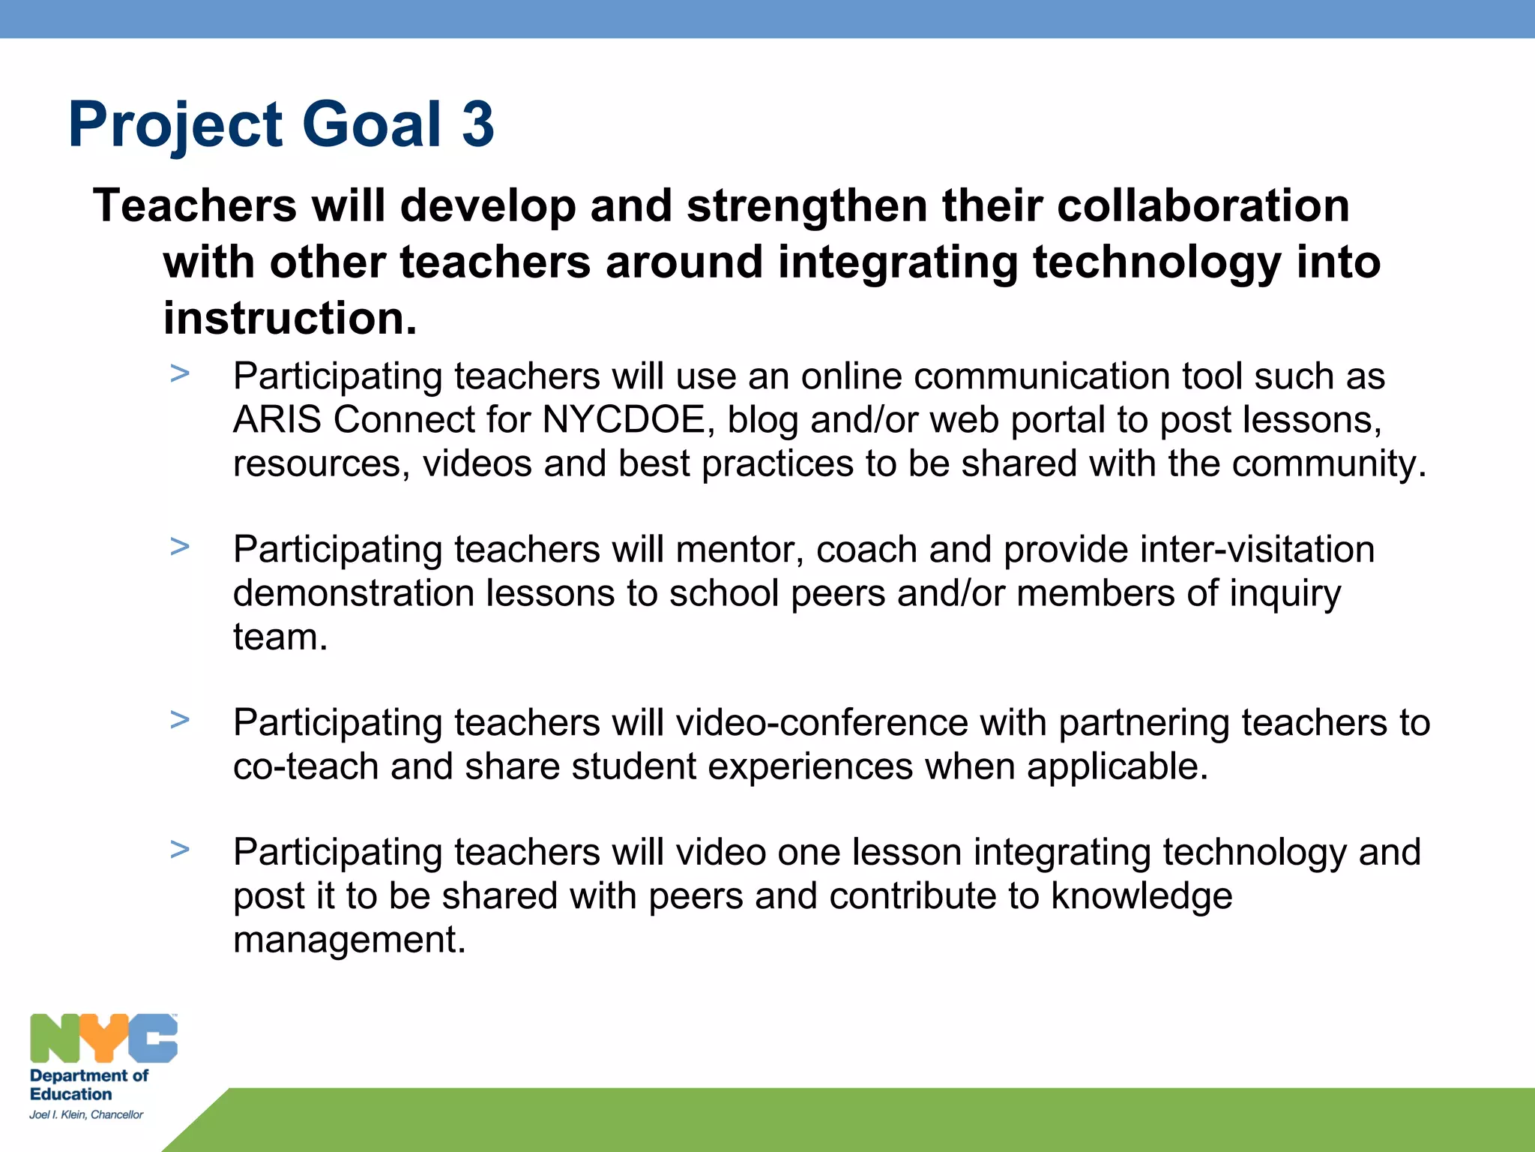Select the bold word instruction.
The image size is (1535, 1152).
tap(289, 319)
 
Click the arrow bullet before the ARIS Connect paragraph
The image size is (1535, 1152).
tap(180, 373)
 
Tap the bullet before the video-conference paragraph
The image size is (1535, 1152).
tap(180, 719)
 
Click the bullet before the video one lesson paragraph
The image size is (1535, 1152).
tap(180, 849)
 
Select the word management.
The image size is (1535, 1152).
tap(349, 940)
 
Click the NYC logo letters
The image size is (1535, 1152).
tap(103, 1038)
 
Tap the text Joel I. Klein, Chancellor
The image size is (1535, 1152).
tap(86, 1114)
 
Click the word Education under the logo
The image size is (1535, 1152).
tap(70, 1094)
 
